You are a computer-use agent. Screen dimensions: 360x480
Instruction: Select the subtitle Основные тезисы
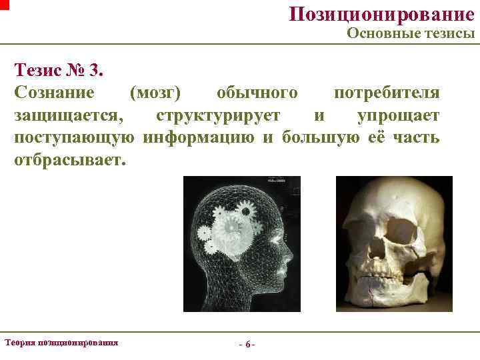[411, 34]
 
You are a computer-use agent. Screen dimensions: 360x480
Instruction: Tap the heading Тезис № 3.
[59, 69]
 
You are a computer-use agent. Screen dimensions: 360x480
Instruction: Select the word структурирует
[218, 115]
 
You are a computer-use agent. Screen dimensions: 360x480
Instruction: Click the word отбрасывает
[69, 161]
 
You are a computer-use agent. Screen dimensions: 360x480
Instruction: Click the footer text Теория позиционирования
[61, 342]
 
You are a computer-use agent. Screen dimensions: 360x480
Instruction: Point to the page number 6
[247, 345]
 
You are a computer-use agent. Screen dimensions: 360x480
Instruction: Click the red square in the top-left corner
[4, 4]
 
